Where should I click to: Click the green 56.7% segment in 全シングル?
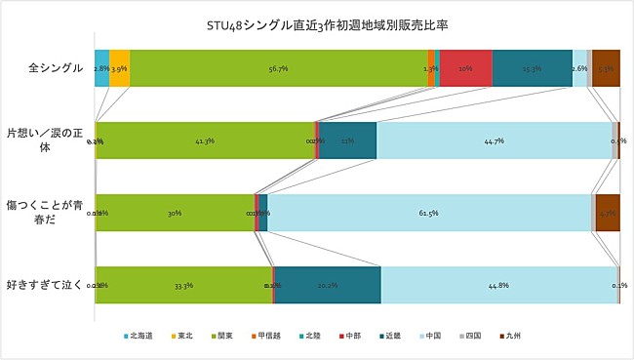tap(278, 68)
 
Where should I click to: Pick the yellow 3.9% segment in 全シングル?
tap(119, 68)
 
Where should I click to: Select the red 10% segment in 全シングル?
tap(465, 68)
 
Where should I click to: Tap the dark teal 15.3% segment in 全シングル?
tap(532, 68)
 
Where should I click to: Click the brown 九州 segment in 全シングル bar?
tap(606, 68)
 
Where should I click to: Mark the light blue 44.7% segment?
tap(494, 140)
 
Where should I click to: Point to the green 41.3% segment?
tap(205, 140)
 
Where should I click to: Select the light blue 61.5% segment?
tap(429, 213)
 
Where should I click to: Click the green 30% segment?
tap(176, 213)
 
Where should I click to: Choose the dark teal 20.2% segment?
tap(328, 285)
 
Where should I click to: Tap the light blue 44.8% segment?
tap(498, 285)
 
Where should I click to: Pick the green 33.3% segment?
tap(183, 285)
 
